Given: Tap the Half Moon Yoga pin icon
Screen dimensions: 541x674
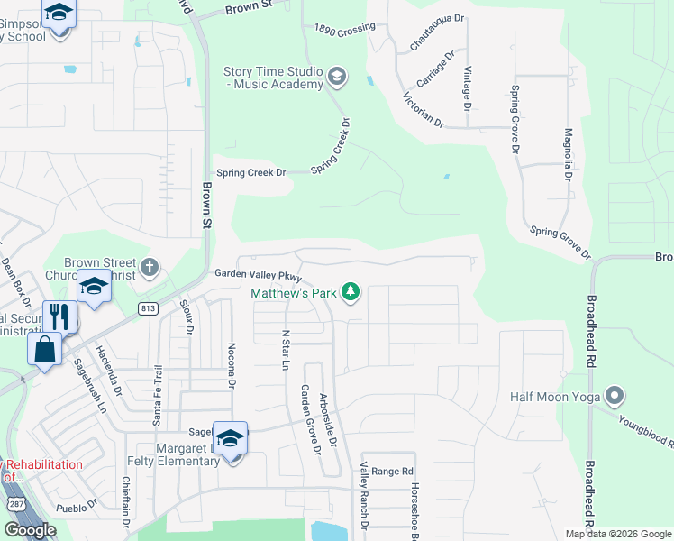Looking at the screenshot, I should pos(615,396).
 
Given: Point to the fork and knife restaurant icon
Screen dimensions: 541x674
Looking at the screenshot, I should pos(59,316).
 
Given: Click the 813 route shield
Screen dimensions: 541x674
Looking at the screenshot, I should pos(148,308).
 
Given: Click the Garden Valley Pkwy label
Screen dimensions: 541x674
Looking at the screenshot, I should pos(257,274).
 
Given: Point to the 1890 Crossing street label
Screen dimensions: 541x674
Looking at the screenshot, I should pos(344,30).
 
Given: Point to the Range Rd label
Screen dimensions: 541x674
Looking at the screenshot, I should pos(392,471).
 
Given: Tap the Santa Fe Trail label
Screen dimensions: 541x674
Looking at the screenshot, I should pos(159,393).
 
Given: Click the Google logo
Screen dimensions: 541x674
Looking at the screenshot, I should pos(31,529).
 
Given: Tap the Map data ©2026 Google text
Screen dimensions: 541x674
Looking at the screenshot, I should pos(617,534).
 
